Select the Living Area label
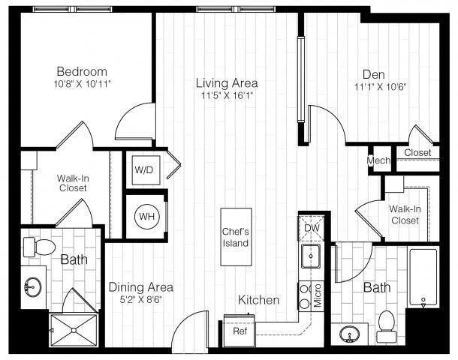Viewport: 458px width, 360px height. [x=227, y=82]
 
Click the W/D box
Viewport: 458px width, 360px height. [x=143, y=169]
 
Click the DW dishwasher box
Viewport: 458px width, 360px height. [x=312, y=229]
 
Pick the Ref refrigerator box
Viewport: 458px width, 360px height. [x=240, y=331]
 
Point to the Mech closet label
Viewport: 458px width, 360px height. [x=377, y=161]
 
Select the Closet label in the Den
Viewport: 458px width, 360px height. [x=417, y=153]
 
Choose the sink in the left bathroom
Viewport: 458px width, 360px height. [x=32, y=286]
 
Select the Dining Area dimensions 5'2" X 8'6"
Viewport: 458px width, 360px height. [x=140, y=300]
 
